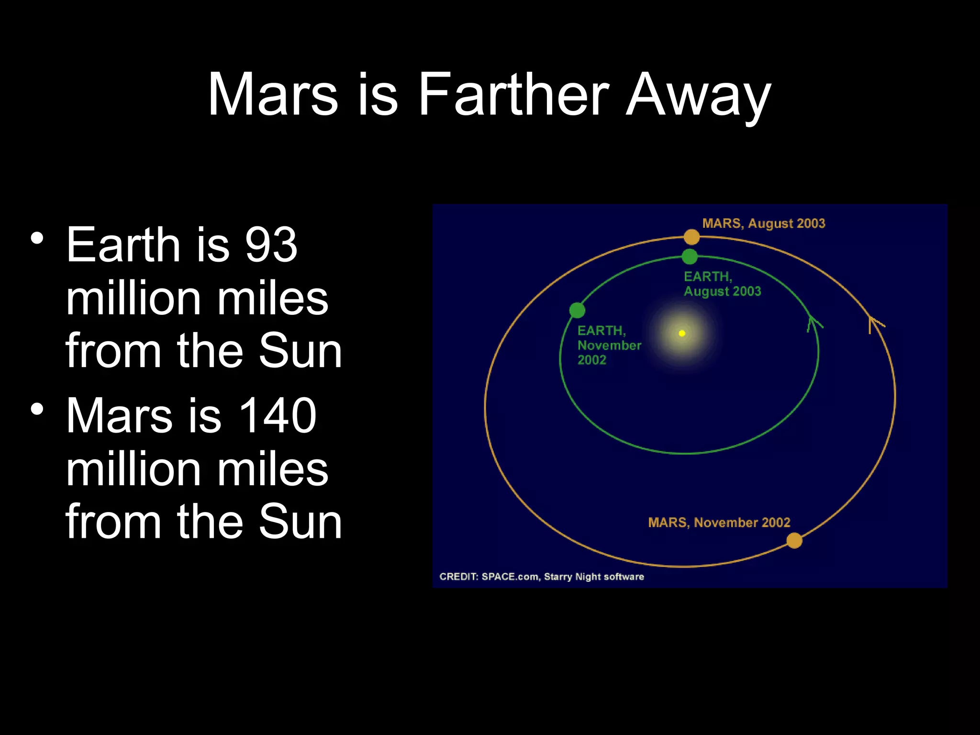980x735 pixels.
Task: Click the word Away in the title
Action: pos(698,96)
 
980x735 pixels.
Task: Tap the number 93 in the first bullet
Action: pos(271,245)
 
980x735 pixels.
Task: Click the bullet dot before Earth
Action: pos(37,238)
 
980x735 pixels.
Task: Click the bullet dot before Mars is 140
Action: pos(37,409)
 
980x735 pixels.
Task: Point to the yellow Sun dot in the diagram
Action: pos(682,333)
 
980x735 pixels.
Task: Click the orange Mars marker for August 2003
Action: pos(691,236)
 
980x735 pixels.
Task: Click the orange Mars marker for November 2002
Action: pos(794,541)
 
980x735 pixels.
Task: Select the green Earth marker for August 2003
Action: pos(690,256)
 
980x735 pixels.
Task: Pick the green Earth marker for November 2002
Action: pos(577,310)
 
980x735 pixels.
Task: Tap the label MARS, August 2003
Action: pos(764,223)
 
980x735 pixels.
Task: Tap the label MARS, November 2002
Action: pos(719,523)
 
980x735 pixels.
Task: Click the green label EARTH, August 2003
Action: pos(722,284)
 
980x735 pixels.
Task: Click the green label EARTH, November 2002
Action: pos(609,345)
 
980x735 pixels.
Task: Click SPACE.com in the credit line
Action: pos(510,577)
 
